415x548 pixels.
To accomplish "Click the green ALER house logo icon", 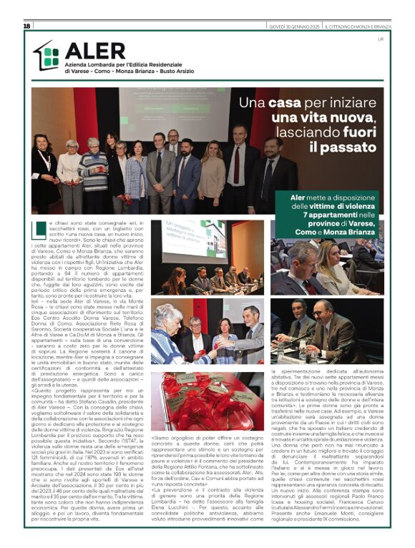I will point(47,56).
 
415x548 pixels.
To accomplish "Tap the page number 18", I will point(26,26).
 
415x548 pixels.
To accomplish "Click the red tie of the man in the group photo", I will point(237,170).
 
